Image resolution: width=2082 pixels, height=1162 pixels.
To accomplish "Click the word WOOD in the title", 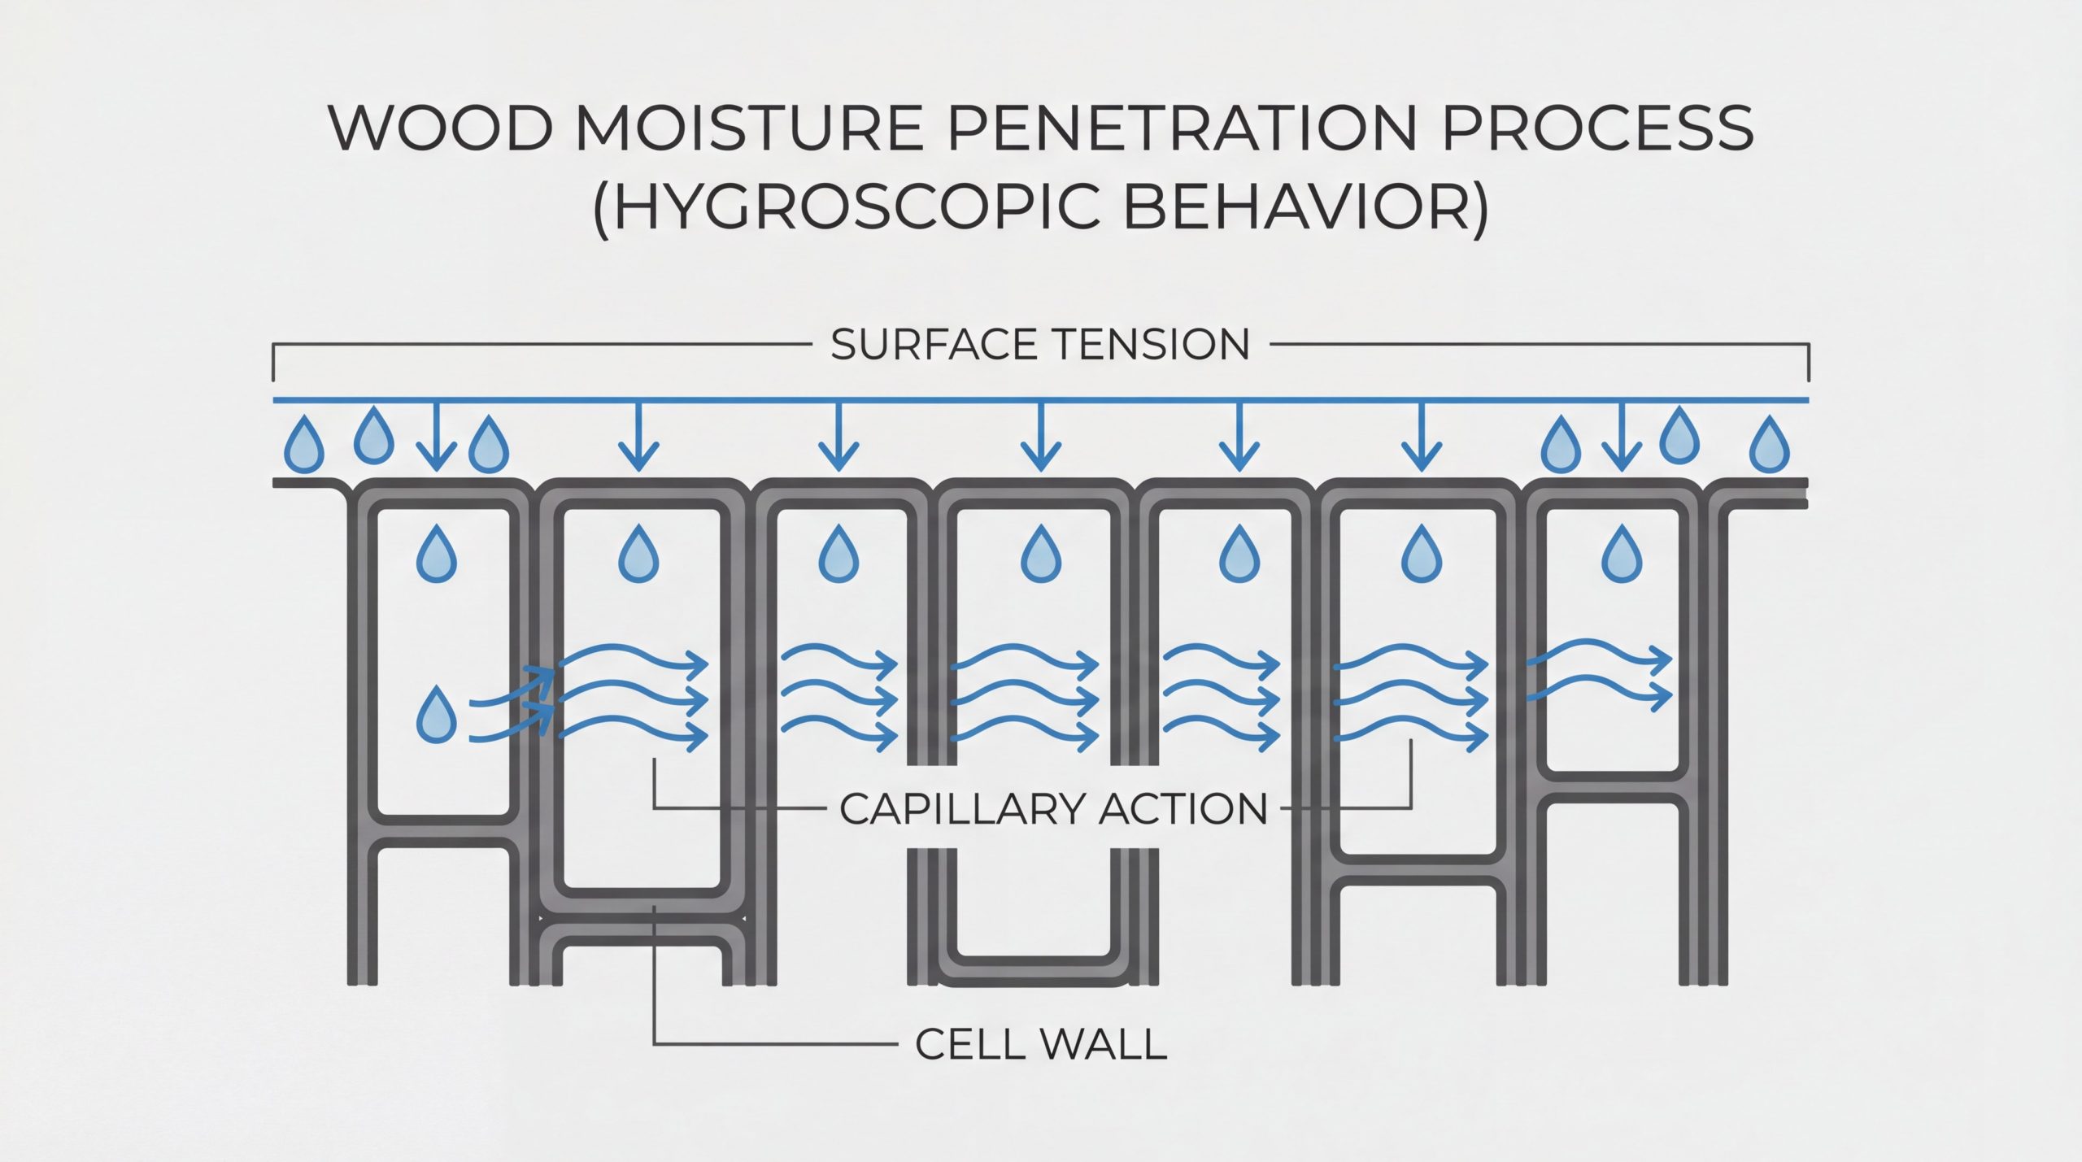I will tap(440, 128).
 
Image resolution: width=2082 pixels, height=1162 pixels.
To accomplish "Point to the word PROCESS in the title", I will tap(1597, 128).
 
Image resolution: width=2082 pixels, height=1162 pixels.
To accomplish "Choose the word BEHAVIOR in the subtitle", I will tap(1305, 207).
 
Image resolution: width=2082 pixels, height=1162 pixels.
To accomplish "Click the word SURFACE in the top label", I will tap(933, 345).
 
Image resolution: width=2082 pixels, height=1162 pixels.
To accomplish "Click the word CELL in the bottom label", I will tap(964, 1044).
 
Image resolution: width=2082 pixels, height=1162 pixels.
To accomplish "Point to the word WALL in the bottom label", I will tap(1104, 1044).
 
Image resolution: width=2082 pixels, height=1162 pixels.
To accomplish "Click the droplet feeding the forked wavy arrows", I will tap(436, 716).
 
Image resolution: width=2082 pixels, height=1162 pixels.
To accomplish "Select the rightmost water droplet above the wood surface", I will tap(1769, 444).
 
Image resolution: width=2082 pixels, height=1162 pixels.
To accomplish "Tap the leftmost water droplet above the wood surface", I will tap(303, 445).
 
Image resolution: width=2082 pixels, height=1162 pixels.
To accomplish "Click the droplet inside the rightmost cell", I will tap(1622, 554).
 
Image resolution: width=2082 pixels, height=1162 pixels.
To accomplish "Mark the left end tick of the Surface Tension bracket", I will tap(273, 363).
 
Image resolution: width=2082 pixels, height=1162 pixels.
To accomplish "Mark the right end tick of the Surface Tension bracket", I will tap(1808, 363).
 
